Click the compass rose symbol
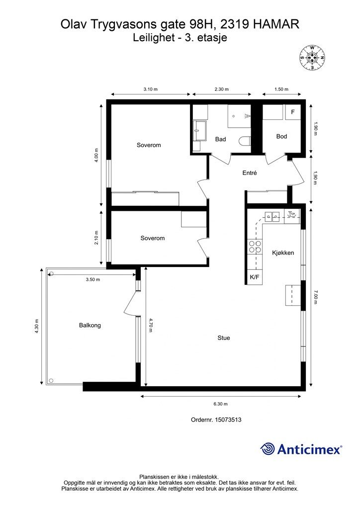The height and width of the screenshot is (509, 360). tap(312, 58)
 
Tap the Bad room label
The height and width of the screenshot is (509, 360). tap(220, 139)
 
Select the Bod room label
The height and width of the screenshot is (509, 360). tap(281, 136)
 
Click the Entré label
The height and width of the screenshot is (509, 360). tap(250, 173)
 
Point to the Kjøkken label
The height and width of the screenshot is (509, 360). tap(283, 253)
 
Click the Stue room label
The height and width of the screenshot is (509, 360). tap(224, 338)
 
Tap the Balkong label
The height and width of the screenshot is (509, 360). tap(90, 325)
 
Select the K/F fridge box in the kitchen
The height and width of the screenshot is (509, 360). tap(255, 277)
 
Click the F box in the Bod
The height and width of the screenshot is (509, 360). tap(293, 112)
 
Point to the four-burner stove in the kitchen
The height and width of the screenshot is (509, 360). tap(255, 247)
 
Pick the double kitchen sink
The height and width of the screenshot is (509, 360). tap(272, 216)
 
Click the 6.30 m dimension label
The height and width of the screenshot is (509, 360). tap(220, 404)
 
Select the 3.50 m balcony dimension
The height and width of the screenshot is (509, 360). tap(93, 279)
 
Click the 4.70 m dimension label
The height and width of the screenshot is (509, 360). tap(151, 325)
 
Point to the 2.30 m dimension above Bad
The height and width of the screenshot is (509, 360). tap(222, 89)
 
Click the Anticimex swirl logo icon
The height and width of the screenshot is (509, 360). tap(268, 449)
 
